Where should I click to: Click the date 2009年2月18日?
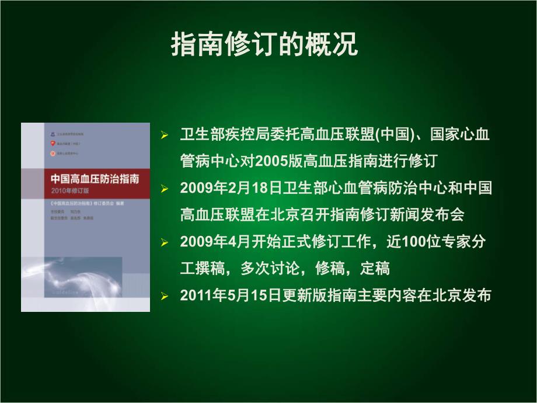(232, 189)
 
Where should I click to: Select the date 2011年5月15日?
(232, 296)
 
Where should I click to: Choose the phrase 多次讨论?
(268, 269)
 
